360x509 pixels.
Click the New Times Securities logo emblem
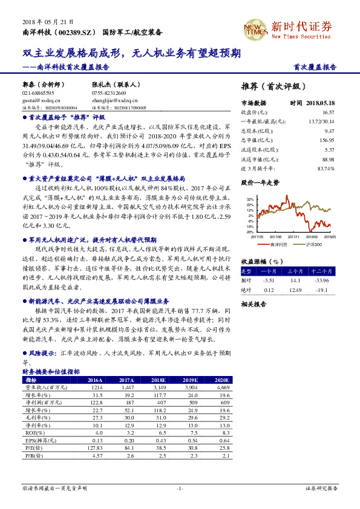click(255, 27)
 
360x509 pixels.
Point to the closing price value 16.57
click(329, 112)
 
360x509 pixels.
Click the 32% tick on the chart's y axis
click(249, 198)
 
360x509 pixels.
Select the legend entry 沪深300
click(314, 244)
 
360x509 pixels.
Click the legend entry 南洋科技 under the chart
click(278, 244)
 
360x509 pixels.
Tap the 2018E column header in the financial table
click(160, 380)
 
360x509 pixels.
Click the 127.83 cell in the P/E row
click(96, 447)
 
